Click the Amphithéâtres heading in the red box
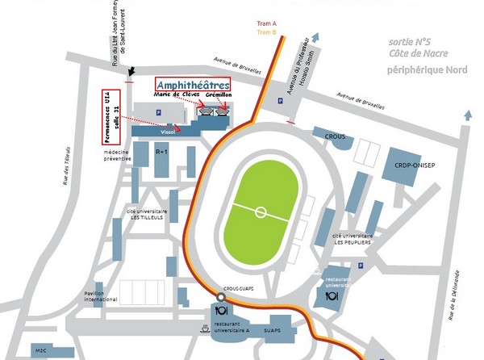click(192, 84)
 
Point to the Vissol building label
click(168, 131)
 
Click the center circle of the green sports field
click(260, 212)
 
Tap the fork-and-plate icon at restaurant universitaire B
click(331, 296)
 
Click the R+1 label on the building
click(161, 151)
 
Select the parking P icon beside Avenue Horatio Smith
click(280, 102)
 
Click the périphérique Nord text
click(428, 69)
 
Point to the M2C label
click(40, 350)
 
